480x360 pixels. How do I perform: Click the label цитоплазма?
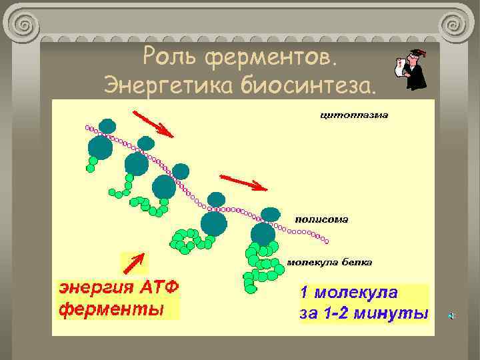[x=354, y=115]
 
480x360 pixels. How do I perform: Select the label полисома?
[x=322, y=219]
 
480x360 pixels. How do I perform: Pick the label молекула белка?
[x=329, y=261]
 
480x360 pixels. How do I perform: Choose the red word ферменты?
[x=112, y=309]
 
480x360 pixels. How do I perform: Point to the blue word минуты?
[x=396, y=313]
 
